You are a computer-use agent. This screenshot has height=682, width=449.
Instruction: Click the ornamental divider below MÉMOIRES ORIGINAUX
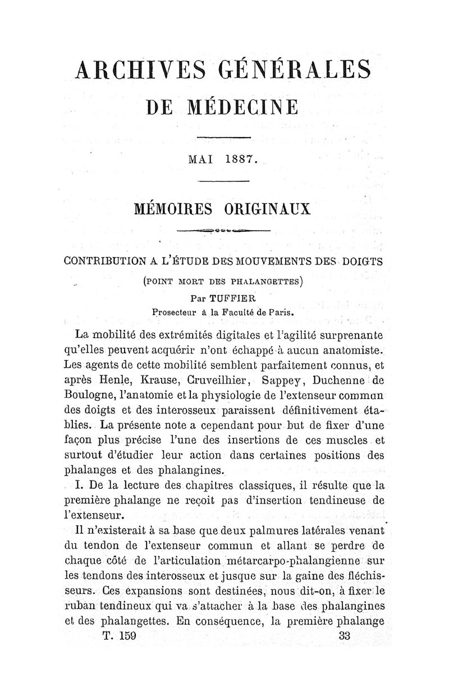[x=224, y=231]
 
